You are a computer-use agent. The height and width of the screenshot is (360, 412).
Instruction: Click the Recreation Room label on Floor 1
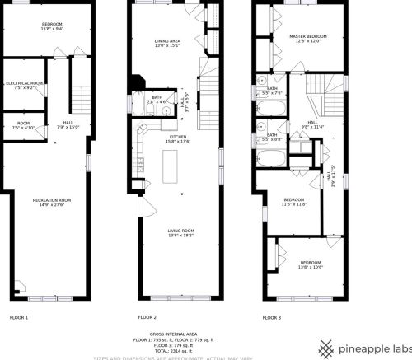click(x=51, y=200)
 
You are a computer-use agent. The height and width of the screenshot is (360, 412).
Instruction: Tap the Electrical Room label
click(x=25, y=83)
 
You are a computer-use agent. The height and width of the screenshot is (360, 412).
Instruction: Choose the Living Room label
click(x=180, y=231)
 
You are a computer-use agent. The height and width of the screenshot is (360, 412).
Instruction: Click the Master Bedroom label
click(x=308, y=37)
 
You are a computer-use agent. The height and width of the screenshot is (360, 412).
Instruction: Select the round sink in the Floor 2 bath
click(x=164, y=110)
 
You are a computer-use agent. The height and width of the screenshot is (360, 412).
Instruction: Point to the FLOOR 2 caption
click(x=147, y=317)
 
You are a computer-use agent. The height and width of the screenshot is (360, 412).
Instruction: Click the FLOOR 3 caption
click(x=271, y=317)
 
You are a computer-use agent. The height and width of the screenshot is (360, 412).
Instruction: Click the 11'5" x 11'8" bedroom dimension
click(x=295, y=203)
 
